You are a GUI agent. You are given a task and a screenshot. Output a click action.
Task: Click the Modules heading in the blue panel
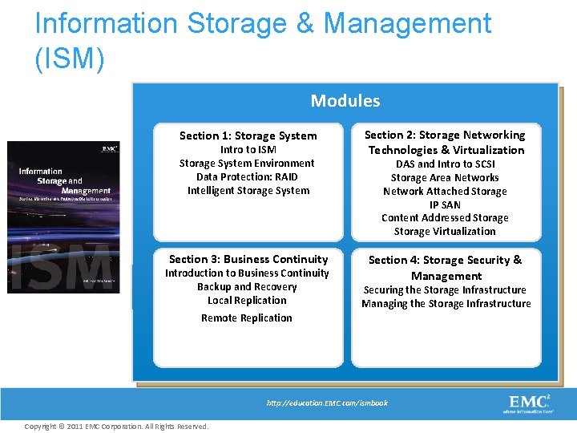tap(345, 101)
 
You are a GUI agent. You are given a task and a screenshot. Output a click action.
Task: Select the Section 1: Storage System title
tap(248, 136)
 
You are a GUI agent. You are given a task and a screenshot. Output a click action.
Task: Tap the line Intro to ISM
tap(248, 149)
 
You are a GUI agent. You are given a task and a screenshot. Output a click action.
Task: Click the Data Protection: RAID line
tap(248, 176)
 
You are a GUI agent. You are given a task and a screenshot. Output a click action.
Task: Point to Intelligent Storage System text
tap(248, 190)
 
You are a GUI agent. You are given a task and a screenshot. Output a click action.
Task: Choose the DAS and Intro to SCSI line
tap(445, 164)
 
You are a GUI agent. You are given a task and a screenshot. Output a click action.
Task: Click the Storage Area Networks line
tap(445, 177)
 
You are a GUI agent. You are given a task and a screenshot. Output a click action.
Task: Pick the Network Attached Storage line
tap(445, 191)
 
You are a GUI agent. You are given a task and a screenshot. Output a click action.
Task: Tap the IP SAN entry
tap(445, 204)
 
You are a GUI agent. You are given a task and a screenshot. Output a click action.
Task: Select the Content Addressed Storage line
tap(445, 217)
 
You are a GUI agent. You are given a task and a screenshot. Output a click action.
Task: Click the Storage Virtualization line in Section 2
tap(445, 231)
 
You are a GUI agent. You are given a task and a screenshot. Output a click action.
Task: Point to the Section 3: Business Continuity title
tap(248, 259)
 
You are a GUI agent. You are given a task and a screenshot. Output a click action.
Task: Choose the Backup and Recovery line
tap(247, 286)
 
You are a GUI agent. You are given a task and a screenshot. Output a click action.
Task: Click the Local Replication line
tap(247, 300)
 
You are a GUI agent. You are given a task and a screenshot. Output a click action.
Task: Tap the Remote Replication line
tap(247, 318)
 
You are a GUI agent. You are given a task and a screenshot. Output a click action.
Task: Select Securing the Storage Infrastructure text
tap(445, 289)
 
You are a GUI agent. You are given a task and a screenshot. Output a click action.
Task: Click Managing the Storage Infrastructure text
tap(446, 303)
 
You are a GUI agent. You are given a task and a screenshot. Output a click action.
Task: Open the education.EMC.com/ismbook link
tap(327, 403)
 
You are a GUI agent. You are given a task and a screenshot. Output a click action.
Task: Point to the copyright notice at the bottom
tap(116, 426)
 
